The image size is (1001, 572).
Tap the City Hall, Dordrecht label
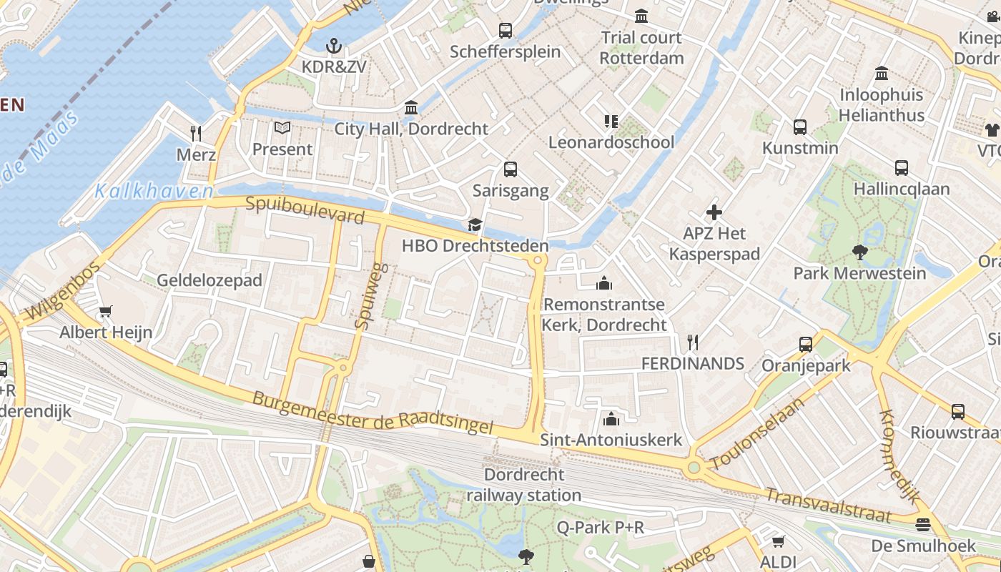click(x=411, y=129)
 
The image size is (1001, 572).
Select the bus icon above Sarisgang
click(x=510, y=169)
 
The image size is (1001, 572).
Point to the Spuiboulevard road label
click(x=305, y=210)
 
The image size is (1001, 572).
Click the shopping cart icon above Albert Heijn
click(x=106, y=312)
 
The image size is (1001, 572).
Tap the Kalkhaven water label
click(x=154, y=192)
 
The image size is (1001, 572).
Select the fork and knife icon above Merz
click(x=196, y=134)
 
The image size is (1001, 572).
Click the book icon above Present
click(x=282, y=129)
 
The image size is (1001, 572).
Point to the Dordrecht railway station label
click(x=524, y=485)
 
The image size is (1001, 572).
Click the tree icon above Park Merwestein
click(x=859, y=252)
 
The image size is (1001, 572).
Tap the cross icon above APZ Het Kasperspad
click(x=714, y=212)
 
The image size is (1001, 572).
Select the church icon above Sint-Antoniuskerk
click(x=611, y=419)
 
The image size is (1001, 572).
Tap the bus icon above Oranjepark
click(x=806, y=344)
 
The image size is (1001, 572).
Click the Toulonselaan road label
click(x=758, y=433)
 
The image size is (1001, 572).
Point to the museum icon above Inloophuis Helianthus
click(x=881, y=74)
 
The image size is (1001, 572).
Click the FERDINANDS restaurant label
click(x=692, y=363)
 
